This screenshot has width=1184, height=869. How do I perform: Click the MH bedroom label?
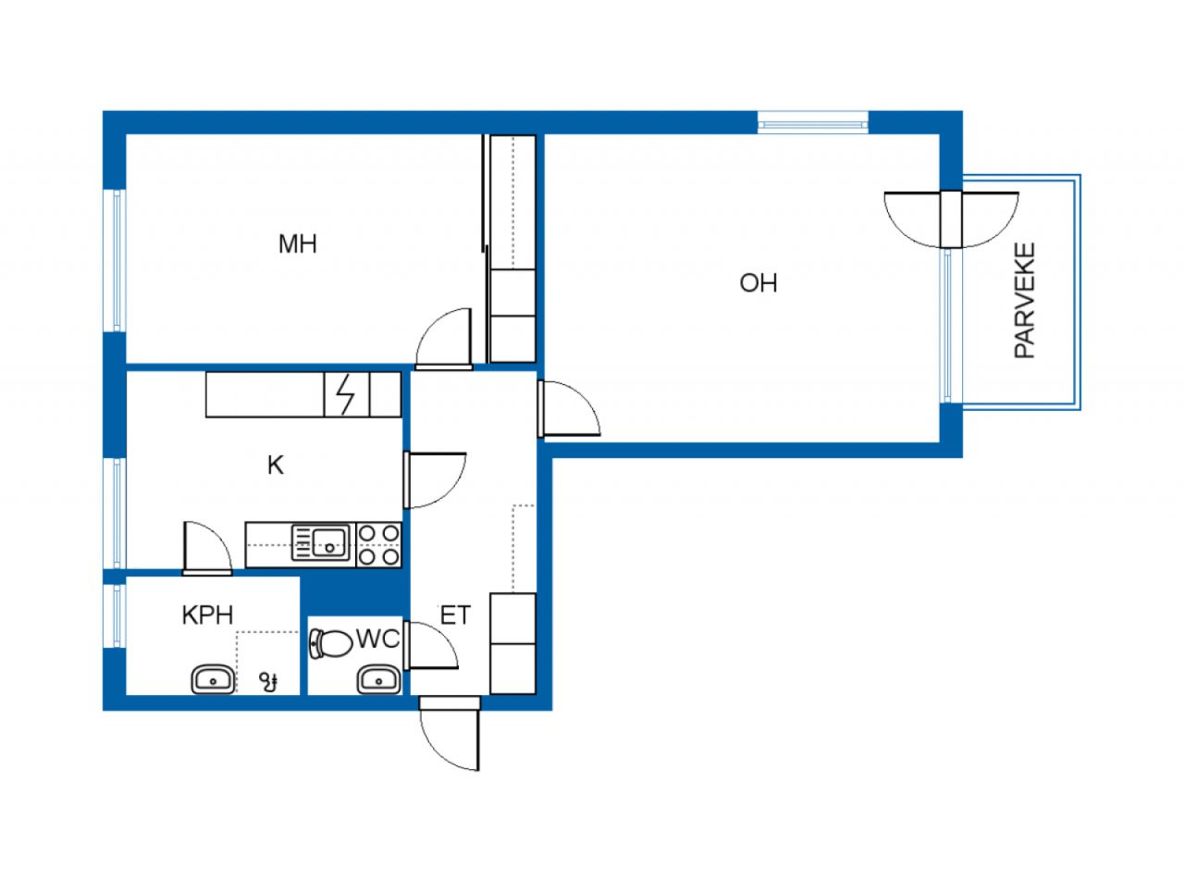(298, 244)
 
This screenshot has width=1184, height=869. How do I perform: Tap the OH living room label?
(758, 283)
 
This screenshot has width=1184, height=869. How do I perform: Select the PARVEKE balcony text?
(1025, 301)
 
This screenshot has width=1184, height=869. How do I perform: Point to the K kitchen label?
(276, 466)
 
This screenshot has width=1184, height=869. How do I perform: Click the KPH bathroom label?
(208, 615)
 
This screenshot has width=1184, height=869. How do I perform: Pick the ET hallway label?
(455, 615)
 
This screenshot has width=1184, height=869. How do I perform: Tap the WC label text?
(378, 639)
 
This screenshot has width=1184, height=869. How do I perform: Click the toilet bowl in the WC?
(331, 644)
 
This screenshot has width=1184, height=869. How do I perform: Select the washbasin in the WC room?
(379, 679)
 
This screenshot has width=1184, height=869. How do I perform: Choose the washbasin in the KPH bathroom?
(213, 679)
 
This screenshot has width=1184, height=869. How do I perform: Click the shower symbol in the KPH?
(268, 682)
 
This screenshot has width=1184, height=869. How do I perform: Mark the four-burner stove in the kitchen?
(379, 545)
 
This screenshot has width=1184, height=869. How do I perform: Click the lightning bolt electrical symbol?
(346, 394)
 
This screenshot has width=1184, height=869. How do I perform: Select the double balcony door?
(952, 219)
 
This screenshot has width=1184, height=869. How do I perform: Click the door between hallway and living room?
(569, 408)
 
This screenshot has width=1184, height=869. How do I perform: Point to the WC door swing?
(431, 645)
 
